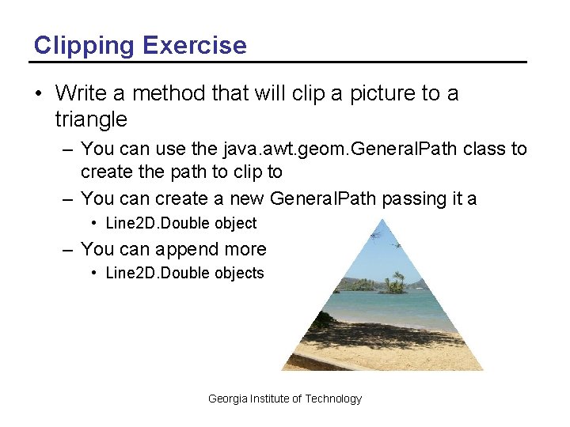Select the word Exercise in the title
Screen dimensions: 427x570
pos(195,45)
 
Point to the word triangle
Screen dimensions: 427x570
pos(91,119)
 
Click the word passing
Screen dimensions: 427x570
pos(419,198)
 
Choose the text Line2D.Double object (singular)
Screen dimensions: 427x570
pos(180,224)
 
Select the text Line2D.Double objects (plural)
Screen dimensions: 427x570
pos(184,274)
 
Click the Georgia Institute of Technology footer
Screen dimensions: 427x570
pos(284,399)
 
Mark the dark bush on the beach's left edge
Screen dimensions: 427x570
pos(321,320)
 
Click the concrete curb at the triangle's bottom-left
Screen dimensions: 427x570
pos(309,361)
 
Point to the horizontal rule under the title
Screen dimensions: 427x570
pos(278,62)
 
